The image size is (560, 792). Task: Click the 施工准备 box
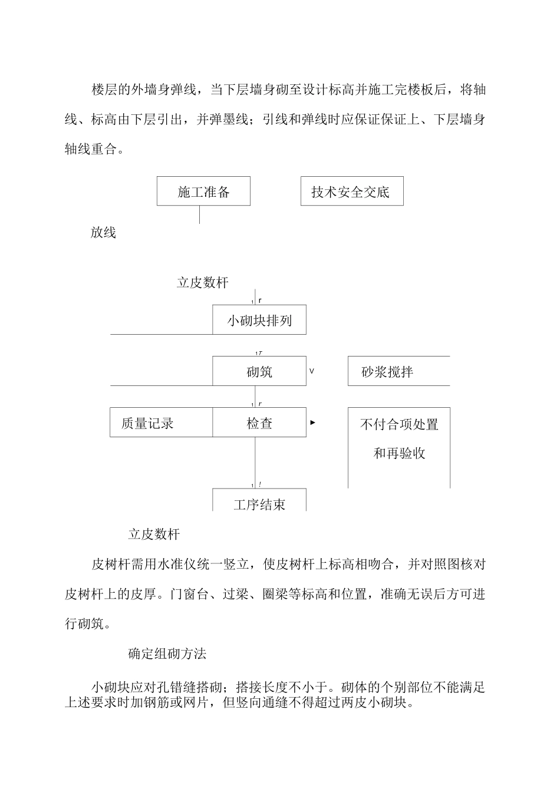pos(203,192)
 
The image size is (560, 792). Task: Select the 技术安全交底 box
pos(352,192)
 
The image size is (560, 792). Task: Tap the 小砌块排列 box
pos(259,320)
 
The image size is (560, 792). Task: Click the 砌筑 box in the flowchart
pos(259,371)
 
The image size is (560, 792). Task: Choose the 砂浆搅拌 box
pos(398,371)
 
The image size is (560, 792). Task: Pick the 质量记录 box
pos(161,423)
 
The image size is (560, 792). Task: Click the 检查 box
pos(259,423)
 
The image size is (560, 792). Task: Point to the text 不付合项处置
pos(399,424)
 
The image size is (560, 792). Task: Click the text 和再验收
pos(399,453)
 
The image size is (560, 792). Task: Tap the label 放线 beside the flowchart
pos(103,233)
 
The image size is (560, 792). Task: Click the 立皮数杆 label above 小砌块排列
pos(202,283)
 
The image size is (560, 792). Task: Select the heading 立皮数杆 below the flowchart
pos(154,534)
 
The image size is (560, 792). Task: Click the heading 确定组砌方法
pos(167,653)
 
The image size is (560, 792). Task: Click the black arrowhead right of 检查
pos(313,423)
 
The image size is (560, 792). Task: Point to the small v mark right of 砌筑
pos(312,371)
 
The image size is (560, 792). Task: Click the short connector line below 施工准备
pos(199,214)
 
